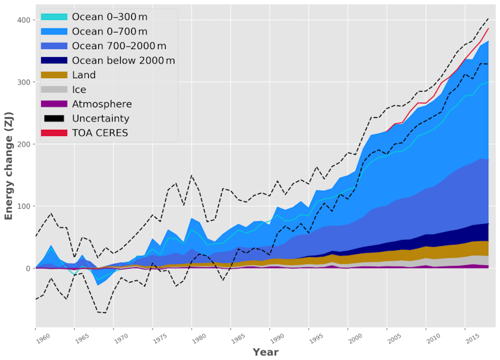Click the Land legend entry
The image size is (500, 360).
tap(84, 75)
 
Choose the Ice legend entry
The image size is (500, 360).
tap(78, 90)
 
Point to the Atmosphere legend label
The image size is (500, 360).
tap(101, 104)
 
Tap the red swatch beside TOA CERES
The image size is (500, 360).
tap(54, 133)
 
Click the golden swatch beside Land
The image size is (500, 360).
tap(54, 75)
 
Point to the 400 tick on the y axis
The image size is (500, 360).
tap(23, 20)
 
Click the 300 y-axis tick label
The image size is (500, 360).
tap(23, 82)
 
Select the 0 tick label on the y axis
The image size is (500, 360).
tap(29, 269)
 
